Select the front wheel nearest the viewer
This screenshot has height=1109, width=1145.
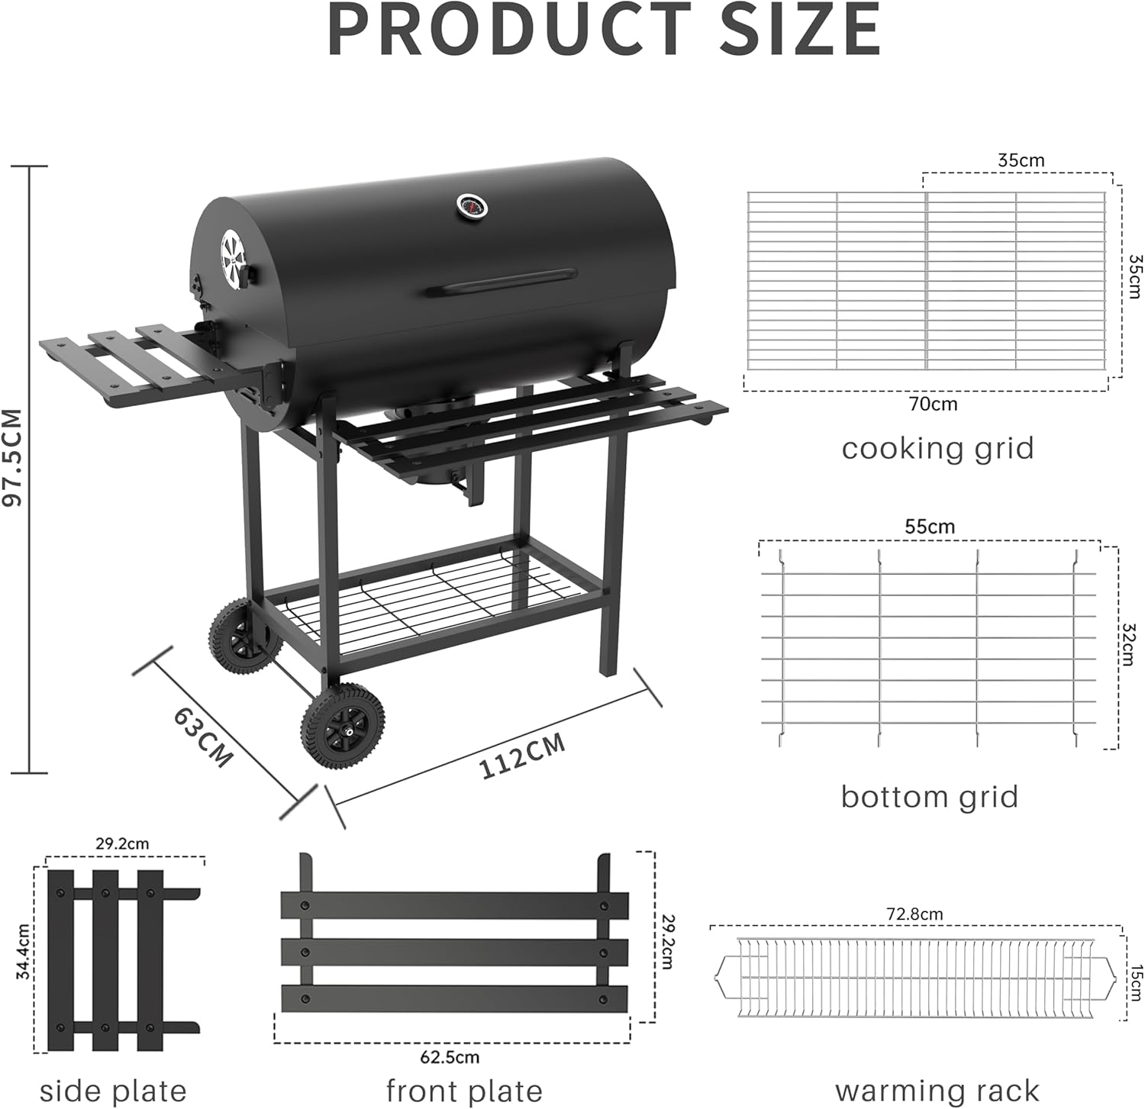[x=343, y=726]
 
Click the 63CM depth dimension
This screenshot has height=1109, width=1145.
[x=202, y=737]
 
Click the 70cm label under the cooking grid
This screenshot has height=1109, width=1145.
[x=932, y=404]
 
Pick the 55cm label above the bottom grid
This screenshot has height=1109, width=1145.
[x=929, y=527]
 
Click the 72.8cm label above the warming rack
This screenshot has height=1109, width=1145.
[x=914, y=914]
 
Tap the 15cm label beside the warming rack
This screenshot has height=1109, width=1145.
[x=1137, y=981]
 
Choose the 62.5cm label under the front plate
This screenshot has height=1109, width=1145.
[x=450, y=1057]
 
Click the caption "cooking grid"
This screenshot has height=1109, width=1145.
[x=937, y=448]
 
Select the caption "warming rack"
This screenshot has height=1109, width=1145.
[x=937, y=1090]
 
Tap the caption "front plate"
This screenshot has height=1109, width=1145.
[x=463, y=1090]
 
